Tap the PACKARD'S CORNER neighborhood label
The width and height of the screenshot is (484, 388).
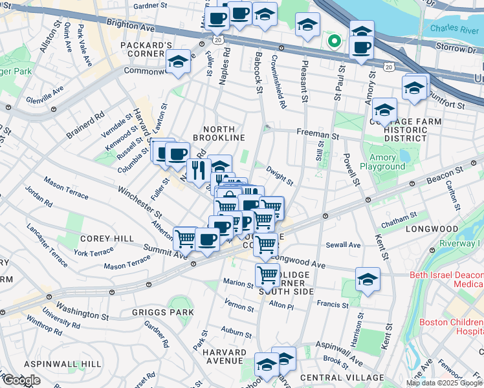pyautogui.click(x=146, y=50)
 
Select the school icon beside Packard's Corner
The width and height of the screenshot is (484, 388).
pyautogui.click(x=177, y=62)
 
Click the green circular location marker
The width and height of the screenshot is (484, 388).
pyautogui.click(x=334, y=43)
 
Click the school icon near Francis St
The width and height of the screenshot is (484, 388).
pyautogui.click(x=367, y=280)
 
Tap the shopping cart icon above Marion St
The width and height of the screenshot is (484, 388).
pyautogui.click(x=267, y=275)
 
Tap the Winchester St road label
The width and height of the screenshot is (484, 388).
pyautogui.click(x=139, y=201)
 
